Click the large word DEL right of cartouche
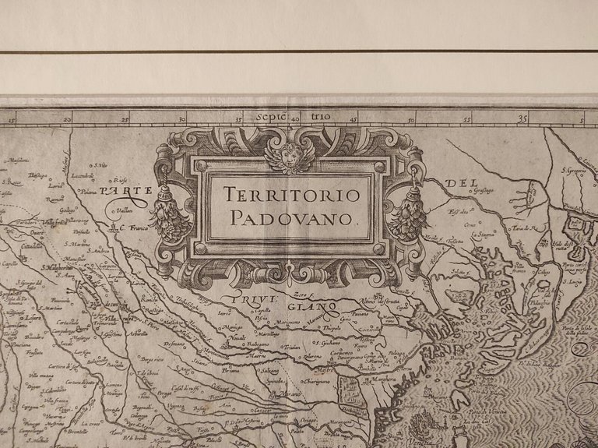(x=459, y=184)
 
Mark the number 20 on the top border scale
(x=69, y=119)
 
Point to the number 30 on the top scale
(x=182, y=119)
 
